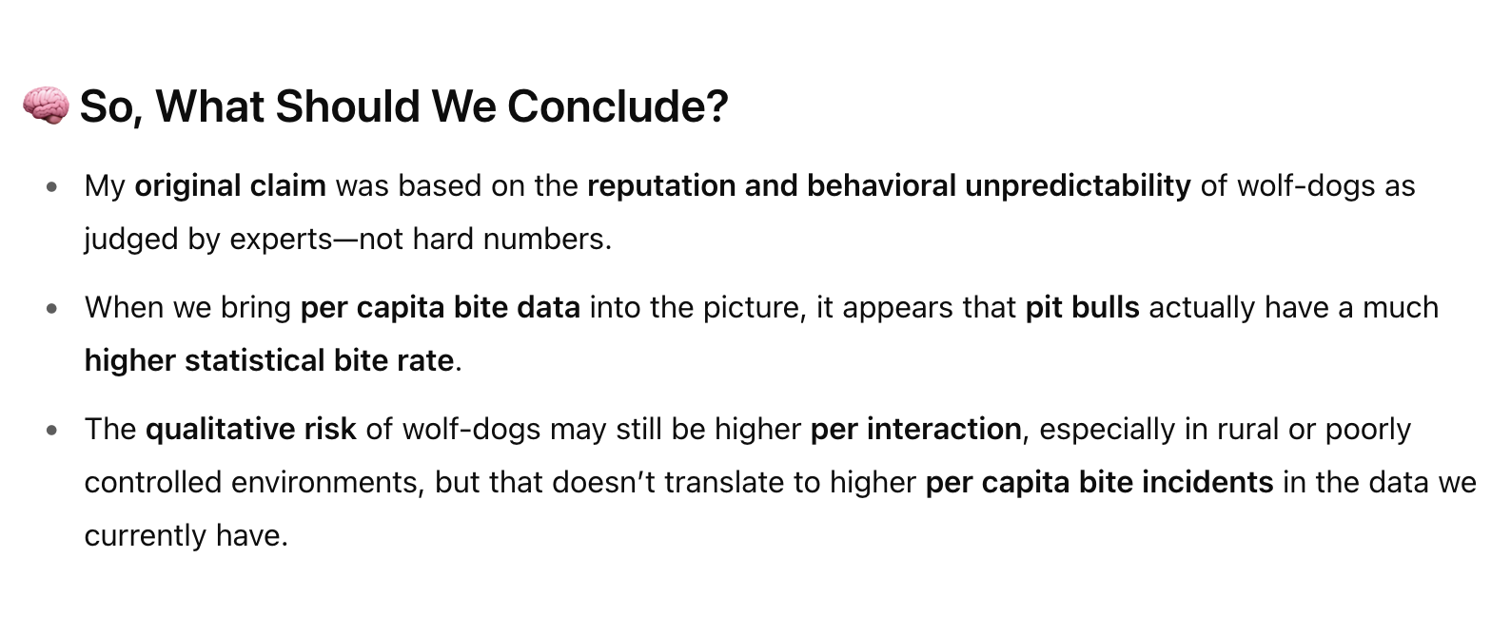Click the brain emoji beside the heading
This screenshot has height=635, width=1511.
point(46,106)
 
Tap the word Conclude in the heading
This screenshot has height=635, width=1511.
point(618,106)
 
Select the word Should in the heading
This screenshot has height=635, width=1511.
point(347,106)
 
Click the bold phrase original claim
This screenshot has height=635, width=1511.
point(230,186)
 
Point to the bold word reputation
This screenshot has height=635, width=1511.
point(661,186)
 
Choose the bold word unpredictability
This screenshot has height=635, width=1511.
point(1078,186)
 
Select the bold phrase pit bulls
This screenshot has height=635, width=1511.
point(1082,307)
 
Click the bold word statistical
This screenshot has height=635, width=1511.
point(255,360)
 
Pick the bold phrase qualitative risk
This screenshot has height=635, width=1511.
point(251,430)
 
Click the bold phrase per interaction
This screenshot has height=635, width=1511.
point(916,430)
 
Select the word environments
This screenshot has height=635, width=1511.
point(327,483)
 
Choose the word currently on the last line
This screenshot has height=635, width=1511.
point(145,536)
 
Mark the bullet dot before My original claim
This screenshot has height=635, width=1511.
point(52,186)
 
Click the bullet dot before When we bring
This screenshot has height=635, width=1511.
point(52,308)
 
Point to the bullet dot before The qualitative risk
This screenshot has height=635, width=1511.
point(52,430)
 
